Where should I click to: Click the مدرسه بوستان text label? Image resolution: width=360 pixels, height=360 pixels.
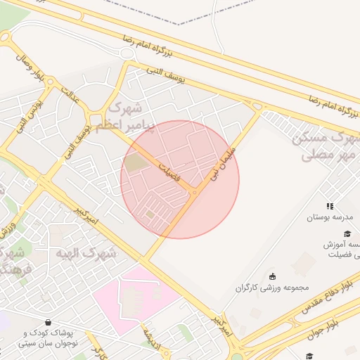tap(328, 218)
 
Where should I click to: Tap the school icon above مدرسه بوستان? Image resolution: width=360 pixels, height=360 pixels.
tap(329, 206)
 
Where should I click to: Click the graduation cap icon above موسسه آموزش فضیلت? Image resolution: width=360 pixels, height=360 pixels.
tap(346, 233)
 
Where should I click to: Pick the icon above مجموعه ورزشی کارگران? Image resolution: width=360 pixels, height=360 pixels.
tap(273, 275)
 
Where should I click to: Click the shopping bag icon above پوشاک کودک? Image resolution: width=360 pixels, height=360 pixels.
tap(47, 322)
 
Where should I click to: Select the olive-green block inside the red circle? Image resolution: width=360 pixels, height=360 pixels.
tap(134, 164)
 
